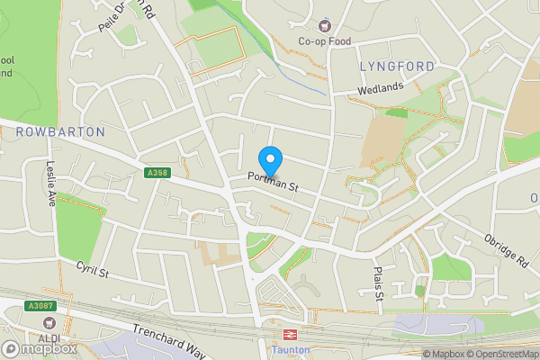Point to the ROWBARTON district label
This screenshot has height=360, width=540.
[60, 132]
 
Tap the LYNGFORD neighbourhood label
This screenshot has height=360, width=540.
[397, 67]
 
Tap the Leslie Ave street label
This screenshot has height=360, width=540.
[51, 184]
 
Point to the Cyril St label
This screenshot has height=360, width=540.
[92, 269]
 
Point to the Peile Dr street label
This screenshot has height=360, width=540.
[119, 16]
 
